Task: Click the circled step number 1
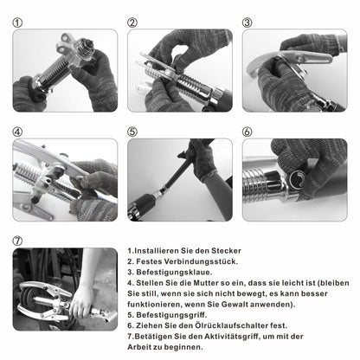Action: click(17, 22)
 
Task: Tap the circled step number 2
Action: click(132, 22)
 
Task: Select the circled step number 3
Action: click(247, 22)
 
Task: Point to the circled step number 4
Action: click(17, 132)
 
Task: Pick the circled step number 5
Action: click(132, 132)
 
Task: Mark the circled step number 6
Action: click(247, 132)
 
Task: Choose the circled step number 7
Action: click(17, 241)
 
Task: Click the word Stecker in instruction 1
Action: click(226, 251)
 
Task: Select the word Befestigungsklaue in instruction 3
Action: click(173, 273)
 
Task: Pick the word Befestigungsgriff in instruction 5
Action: click(170, 315)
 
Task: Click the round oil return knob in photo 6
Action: click(297, 179)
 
